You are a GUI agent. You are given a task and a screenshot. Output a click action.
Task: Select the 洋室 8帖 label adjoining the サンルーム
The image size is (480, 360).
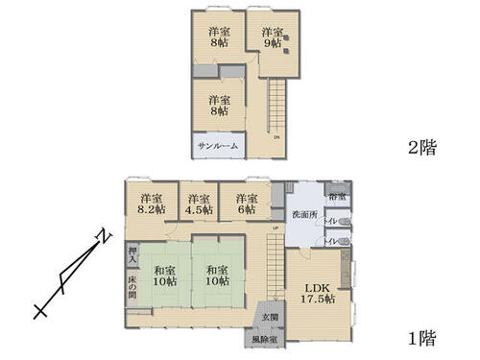[x=219, y=106]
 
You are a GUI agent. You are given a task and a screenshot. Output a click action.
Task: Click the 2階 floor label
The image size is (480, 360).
[x=420, y=148]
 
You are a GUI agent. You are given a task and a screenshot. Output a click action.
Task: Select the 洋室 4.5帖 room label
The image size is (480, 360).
[x=199, y=204]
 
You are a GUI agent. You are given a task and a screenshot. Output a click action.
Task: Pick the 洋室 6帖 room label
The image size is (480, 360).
[x=246, y=204]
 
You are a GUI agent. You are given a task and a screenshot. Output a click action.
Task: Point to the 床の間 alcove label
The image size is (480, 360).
[x=132, y=286]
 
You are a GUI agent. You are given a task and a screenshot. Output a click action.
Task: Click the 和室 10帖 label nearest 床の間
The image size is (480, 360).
[x=164, y=276]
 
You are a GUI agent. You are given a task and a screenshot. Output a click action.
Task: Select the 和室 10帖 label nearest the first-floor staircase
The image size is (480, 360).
[x=216, y=276]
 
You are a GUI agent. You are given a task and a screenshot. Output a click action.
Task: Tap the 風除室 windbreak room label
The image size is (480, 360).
[x=266, y=339]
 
